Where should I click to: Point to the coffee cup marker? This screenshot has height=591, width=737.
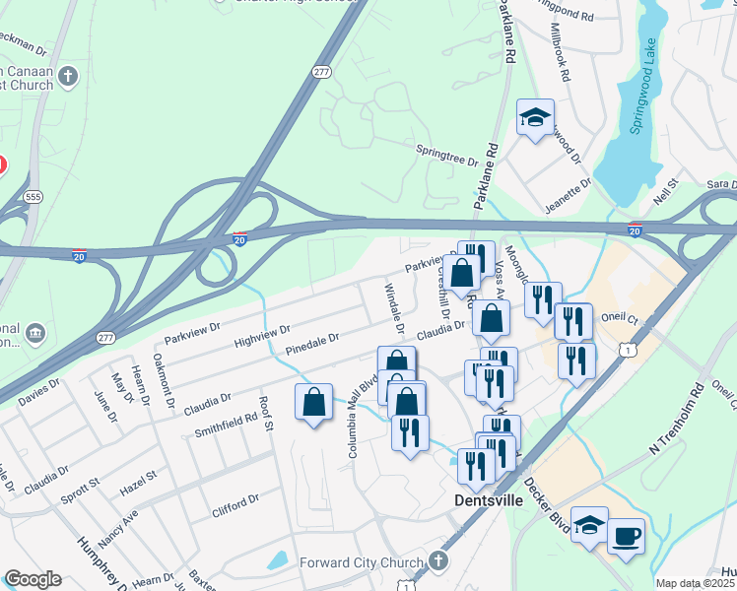tap(627, 537)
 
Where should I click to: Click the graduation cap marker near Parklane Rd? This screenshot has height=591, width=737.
tap(535, 117)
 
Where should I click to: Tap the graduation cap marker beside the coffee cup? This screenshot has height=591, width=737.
tap(589, 525)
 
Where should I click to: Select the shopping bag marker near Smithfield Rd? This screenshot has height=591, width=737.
tap(313, 402)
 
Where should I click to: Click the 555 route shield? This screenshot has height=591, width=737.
tap(33, 196)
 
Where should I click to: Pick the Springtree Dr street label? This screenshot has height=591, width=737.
tap(446, 154)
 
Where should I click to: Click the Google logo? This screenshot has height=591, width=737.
tap(33, 579)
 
